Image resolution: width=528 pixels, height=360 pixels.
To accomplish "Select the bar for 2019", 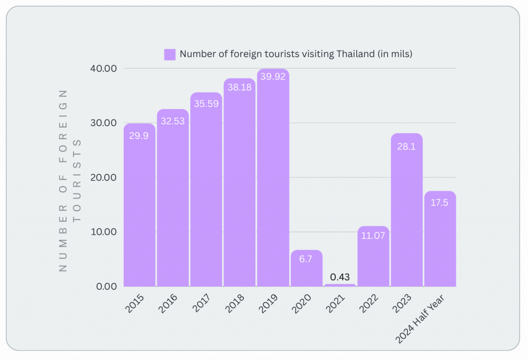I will click(x=273, y=178).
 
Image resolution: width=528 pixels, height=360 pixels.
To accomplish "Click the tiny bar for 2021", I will click(x=340, y=285).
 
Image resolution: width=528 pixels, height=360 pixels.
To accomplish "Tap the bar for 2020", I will click(x=306, y=268).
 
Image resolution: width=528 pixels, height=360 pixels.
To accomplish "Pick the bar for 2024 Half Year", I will click(x=440, y=239).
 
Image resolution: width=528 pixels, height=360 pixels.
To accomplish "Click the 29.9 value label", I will click(x=139, y=137).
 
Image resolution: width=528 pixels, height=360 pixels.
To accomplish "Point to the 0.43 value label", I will click(x=340, y=277).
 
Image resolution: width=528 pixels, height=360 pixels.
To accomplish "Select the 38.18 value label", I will click(x=239, y=88).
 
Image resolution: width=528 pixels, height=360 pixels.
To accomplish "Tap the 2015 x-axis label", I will click(x=135, y=304).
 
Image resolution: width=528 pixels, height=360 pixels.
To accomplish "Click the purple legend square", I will click(x=170, y=54).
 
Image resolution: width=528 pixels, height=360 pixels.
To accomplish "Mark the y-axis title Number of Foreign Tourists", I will click(x=70, y=180).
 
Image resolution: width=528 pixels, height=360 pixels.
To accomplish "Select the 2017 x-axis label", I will click(x=201, y=304).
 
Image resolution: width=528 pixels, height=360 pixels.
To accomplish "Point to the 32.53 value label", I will click(x=173, y=121).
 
